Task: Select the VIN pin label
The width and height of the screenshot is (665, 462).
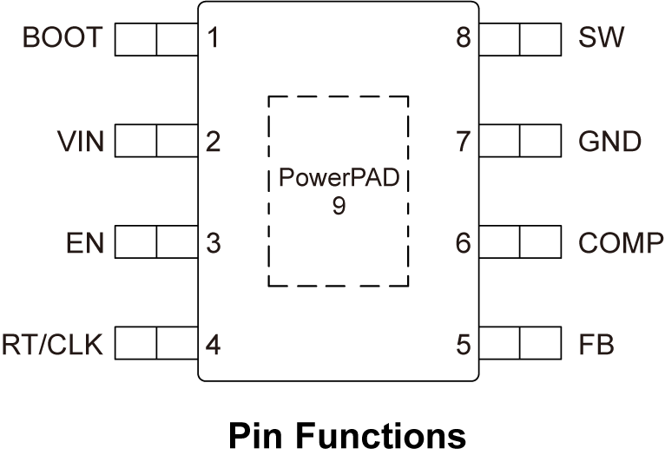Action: click(80, 141)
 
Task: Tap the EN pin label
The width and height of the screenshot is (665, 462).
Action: click(84, 243)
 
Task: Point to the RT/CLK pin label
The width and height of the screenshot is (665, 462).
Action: click(52, 346)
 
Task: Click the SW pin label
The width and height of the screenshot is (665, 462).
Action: click(600, 38)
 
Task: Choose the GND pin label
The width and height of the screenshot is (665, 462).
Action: click(610, 141)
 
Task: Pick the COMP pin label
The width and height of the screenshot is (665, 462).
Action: click(620, 243)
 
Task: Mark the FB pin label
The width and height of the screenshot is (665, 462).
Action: click(596, 346)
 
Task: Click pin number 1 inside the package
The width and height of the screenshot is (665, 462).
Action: click(213, 38)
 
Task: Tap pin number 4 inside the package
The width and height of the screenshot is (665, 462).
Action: click(213, 346)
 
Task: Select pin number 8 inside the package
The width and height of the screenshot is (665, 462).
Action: click(464, 38)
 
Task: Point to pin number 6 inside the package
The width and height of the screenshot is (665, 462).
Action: click(464, 243)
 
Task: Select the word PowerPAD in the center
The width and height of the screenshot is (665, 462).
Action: click(339, 181)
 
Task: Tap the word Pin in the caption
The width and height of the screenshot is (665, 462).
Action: click(251, 435)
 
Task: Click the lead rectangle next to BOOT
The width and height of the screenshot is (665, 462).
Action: click(156, 38)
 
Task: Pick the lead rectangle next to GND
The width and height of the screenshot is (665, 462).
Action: click(520, 141)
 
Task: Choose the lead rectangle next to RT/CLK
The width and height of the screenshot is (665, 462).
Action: click(156, 346)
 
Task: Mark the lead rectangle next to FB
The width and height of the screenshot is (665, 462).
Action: click(520, 346)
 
